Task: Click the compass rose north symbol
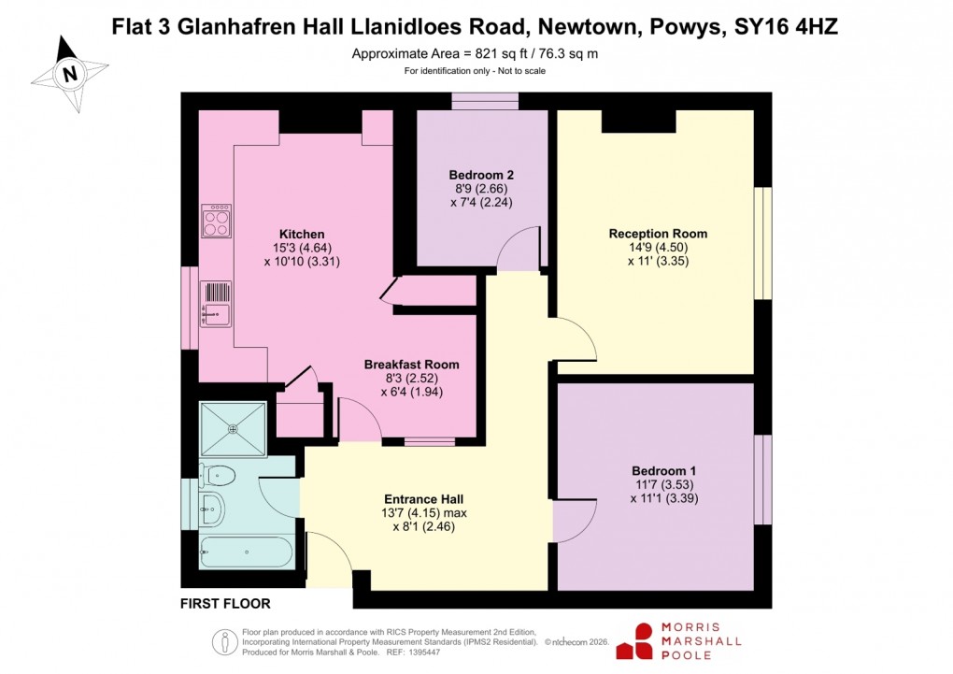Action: click(69, 73)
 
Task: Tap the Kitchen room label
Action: click(301, 234)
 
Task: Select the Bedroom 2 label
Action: click(481, 175)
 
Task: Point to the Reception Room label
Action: click(658, 234)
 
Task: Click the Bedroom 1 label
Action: click(663, 470)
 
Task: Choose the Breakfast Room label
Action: click(411, 365)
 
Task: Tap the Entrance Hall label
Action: click(424, 499)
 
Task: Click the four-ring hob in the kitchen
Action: click(217, 222)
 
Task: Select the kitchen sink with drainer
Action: click(216, 305)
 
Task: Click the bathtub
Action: click(246, 552)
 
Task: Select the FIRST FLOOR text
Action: click(225, 605)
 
